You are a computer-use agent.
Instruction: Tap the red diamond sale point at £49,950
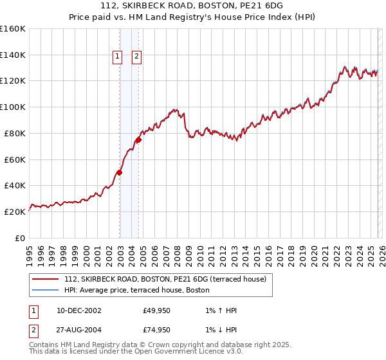(x=120, y=172)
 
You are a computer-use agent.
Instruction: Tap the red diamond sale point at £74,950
(x=138, y=139)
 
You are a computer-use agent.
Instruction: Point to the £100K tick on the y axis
(x=13, y=107)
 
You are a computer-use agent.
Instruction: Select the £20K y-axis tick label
(x=14, y=212)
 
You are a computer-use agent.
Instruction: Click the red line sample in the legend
(x=45, y=279)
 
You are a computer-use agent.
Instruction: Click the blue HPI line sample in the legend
(x=45, y=290)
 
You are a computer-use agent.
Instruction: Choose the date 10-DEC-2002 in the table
(x=78, y=310)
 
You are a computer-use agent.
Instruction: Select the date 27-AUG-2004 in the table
(x=78, y=330)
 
